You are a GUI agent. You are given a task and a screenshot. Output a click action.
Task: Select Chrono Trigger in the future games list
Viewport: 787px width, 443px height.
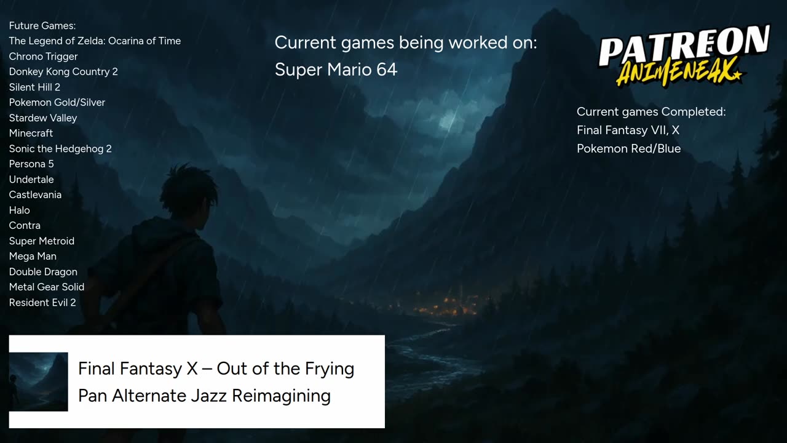tap(43, 57)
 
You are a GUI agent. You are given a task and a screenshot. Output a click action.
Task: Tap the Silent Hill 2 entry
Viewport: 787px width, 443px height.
tap(34, 87)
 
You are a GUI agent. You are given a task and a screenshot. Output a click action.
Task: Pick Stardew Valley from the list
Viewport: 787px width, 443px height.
tap(43, 118)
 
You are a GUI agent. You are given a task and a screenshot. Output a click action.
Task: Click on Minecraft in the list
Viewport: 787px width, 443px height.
tap(31, 134)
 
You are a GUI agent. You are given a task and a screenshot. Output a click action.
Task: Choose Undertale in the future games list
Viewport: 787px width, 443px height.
tap(31, 180)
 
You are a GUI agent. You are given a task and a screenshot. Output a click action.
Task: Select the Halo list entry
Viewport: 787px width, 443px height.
tap(20, 210)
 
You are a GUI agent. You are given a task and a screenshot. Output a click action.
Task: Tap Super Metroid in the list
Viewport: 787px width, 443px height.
tap(42, 241)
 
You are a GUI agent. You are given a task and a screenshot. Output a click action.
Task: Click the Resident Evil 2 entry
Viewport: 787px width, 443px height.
tap(42, 303)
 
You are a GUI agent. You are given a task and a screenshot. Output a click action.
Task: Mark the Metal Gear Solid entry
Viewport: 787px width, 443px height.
tap(47, 287)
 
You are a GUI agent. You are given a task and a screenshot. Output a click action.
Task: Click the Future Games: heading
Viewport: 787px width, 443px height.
tap(42, 26)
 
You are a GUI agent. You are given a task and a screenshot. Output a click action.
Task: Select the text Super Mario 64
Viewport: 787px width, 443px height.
tap(336, 70)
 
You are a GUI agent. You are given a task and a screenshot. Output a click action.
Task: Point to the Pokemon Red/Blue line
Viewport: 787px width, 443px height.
tap(628, 149)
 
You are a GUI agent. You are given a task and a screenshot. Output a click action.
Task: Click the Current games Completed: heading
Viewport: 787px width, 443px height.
tap(651, 112)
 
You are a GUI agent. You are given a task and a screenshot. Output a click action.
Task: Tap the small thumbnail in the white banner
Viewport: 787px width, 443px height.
tap(38, 381)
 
